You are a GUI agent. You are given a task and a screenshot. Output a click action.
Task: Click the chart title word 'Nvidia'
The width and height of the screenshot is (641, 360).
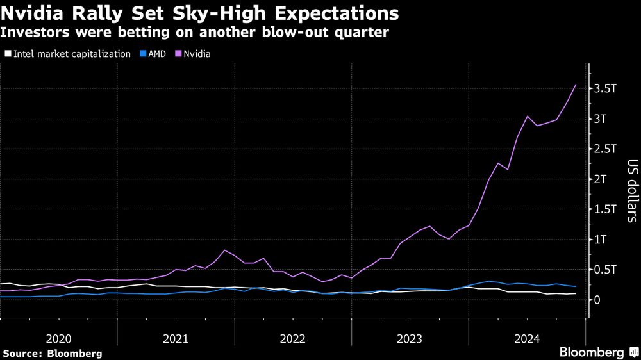point(35,13)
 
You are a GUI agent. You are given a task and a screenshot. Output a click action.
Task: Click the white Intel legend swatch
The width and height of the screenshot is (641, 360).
point(7,54)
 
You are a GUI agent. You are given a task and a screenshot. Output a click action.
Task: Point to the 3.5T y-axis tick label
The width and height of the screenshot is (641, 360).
point(605,89)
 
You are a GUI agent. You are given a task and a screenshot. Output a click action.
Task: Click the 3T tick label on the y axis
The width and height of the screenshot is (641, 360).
point(601,119)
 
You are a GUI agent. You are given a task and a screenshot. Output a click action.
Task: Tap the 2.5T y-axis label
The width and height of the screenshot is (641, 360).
point(605,149)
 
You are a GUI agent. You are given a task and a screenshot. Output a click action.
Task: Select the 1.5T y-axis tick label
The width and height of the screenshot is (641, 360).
point(605,209)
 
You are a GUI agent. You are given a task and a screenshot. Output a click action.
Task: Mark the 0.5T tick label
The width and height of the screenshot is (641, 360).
point(605,270)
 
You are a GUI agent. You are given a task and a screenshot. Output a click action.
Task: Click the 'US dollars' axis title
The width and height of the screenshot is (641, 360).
point(631,191)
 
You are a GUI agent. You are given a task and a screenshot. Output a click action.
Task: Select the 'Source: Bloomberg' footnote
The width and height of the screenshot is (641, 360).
point(52,353)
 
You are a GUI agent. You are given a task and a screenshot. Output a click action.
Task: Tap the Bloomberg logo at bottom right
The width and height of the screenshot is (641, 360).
point(597,352)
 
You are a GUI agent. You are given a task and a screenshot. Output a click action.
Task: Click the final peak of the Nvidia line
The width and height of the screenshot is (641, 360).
point(575,85)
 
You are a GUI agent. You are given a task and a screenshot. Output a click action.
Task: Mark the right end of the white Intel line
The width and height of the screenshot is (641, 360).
point(575,293)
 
